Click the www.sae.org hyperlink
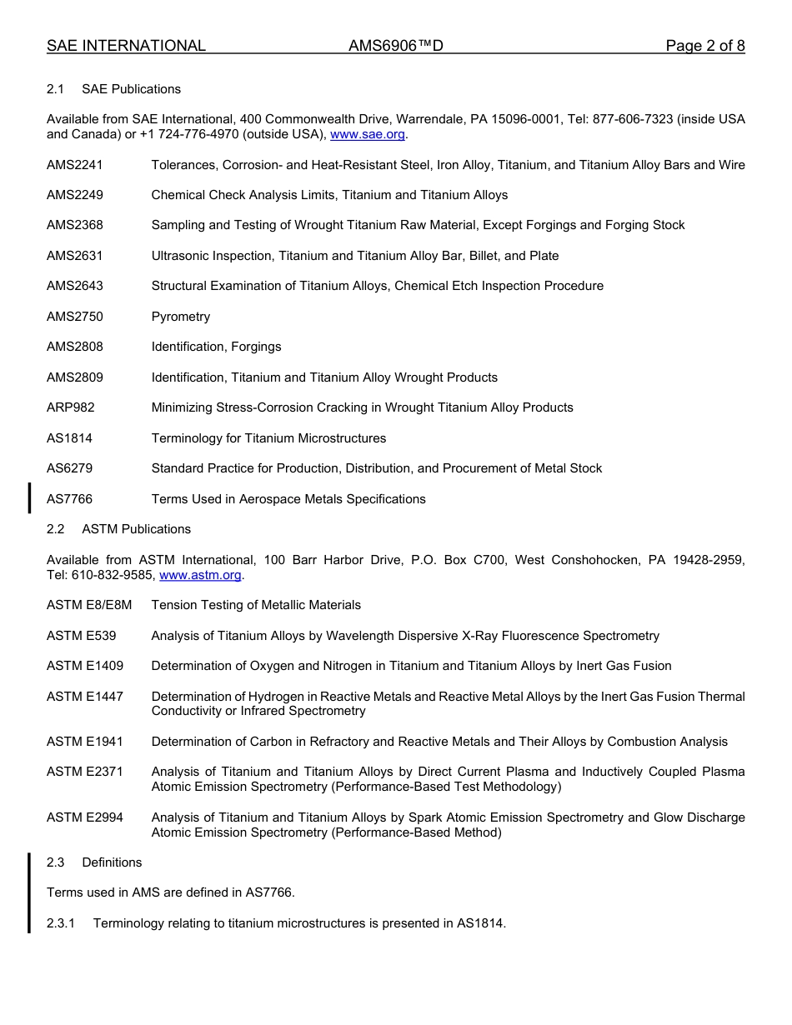(x=368, y=134)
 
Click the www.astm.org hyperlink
(x=200, y=575)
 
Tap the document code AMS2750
(x=75, y=317)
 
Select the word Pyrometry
(x=181, y=317)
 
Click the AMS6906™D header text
(x=395, y=46)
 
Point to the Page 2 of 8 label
(x=704, y=46)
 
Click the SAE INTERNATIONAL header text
(x=126, y=46)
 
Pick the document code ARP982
(x=71, y=407)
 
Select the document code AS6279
(x=69, y=468)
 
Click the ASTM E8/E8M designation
(x=89, y=605)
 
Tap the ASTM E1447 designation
(x=85, y=697)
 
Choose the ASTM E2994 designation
(x=85, y=817)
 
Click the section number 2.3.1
(x=61, y=923)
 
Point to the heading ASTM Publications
(x=136, y=529)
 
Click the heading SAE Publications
(x=131, y=89)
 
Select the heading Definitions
(x=112, y=862)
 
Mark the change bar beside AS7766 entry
(x=30, y=498)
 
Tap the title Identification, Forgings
(x=216, y=347)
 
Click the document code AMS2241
(x=75, y=165)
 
